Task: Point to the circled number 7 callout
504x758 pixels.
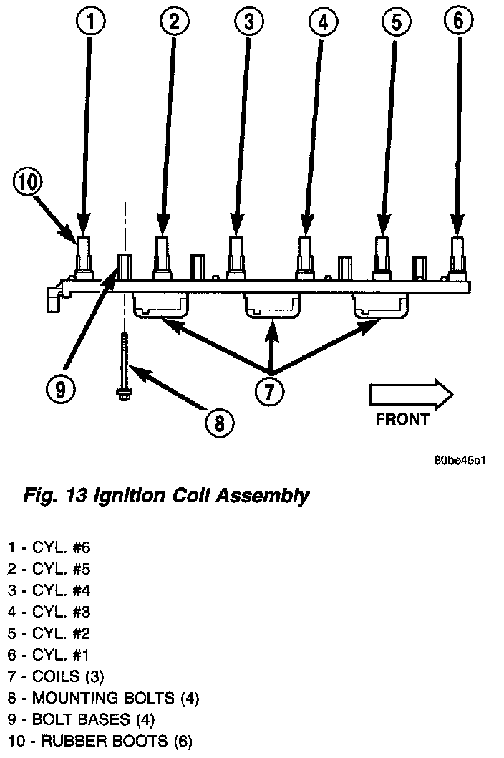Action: (x=270, y=390)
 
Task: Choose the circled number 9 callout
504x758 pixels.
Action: (x=60, y=388)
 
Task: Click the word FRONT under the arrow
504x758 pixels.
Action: (x=402, y=419)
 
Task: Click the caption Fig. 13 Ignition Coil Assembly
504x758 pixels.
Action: (x=167, y=495)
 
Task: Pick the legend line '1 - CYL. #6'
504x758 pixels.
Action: (x=49, y=548)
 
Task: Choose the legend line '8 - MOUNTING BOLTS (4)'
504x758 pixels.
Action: (x=103, y=698)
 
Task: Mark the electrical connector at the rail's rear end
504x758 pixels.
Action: (x=53, y=298)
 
